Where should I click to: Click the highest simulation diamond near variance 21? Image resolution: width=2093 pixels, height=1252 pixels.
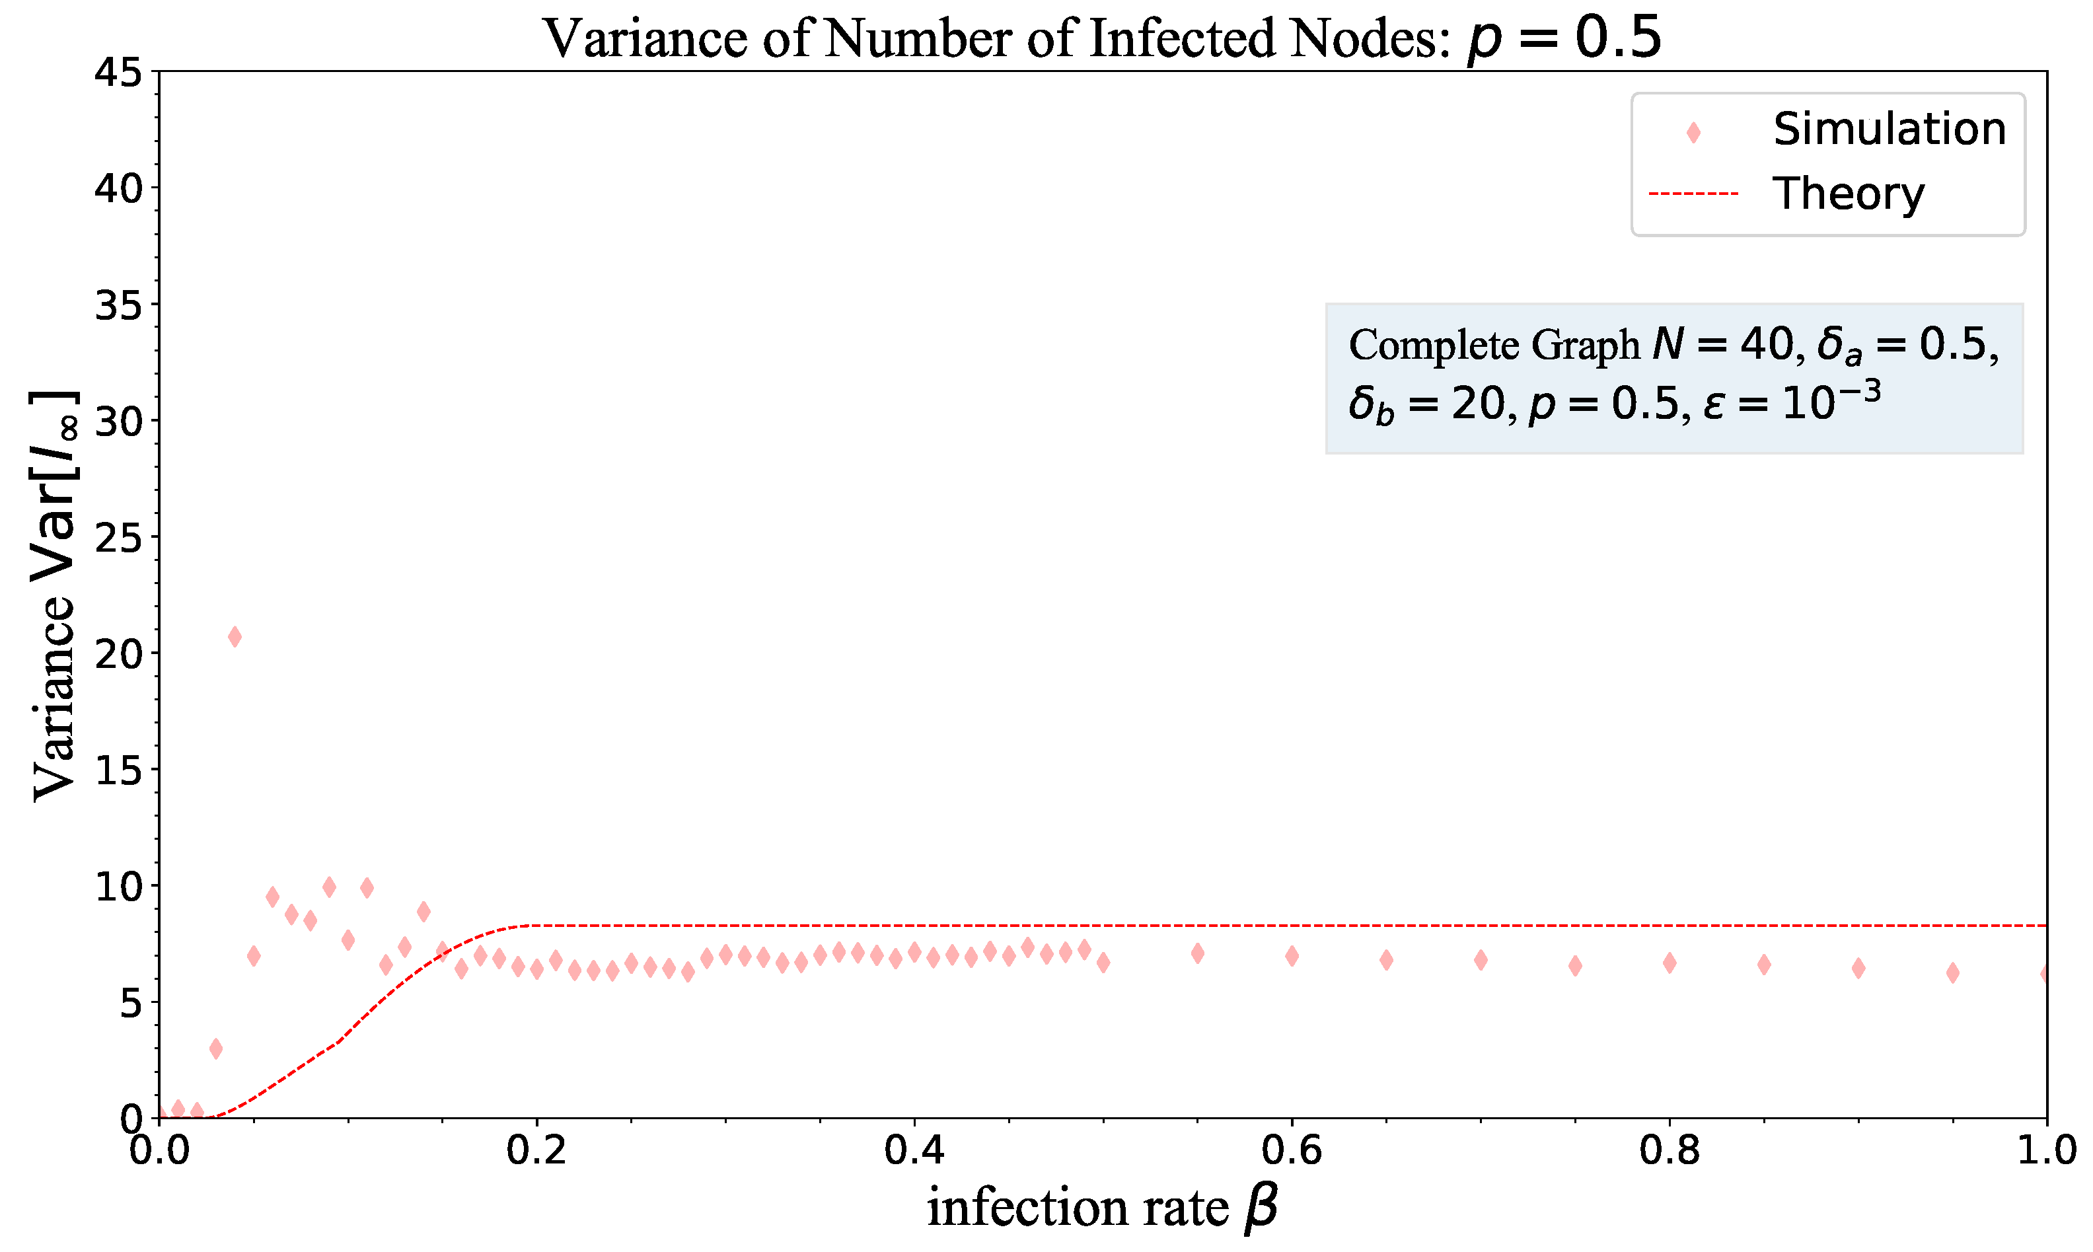[235, 636]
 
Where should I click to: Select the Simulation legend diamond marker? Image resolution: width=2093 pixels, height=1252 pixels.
[1692, 132]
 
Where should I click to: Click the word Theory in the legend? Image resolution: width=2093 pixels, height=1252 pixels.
[1847, 194]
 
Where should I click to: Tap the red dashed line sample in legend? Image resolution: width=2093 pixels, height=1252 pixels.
[1692, 194]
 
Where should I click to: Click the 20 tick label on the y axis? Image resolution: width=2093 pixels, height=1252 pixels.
[118, 653]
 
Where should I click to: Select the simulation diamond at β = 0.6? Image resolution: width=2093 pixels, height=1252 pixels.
[1292, 956]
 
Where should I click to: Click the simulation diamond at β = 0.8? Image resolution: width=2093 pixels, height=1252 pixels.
[1669, 963]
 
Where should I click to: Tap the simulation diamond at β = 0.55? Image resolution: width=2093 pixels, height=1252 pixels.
[1197, 953]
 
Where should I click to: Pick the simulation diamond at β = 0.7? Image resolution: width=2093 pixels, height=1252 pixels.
[1481, 959]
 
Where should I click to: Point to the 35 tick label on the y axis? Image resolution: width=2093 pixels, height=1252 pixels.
[118, 305]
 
